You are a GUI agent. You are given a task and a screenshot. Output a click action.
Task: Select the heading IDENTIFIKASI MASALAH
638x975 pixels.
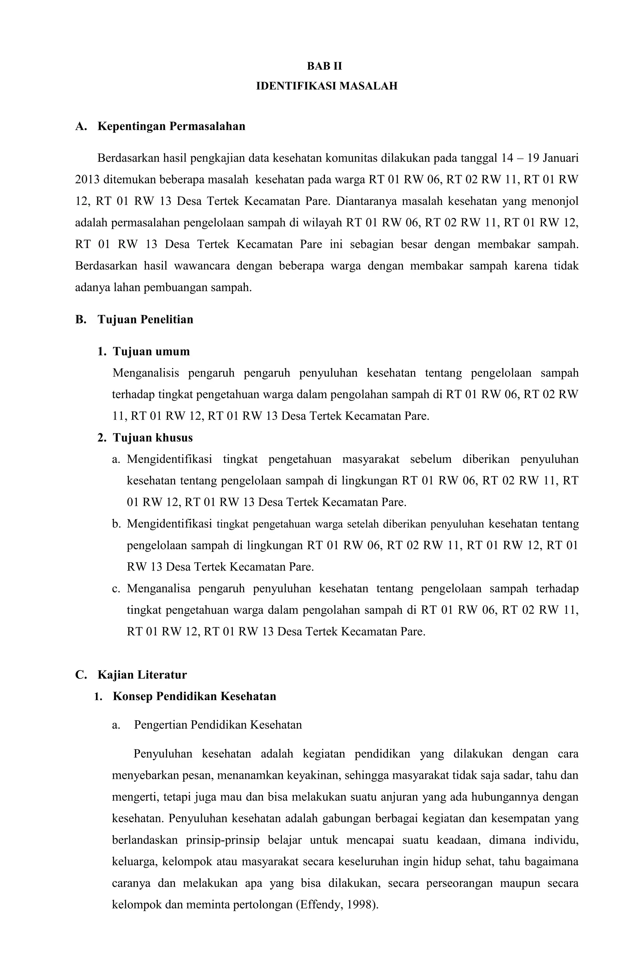tap(326, 86)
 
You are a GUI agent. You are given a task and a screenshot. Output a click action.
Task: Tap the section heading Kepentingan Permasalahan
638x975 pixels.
tap(171, 126)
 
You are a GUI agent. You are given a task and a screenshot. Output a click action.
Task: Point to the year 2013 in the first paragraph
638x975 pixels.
tap(87, 179)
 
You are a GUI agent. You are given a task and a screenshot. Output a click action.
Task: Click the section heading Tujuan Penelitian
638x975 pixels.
tap(145, 319)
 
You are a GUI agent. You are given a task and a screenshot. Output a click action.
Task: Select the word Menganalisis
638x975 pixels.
tap(145, 373)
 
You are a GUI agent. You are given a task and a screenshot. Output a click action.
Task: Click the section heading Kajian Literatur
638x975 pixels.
tap(142, 675)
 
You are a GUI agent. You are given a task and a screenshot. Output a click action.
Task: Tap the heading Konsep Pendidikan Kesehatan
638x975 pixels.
tap(194, 696)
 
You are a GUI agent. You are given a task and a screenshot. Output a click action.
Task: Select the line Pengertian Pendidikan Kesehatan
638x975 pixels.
tap(218, 725)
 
